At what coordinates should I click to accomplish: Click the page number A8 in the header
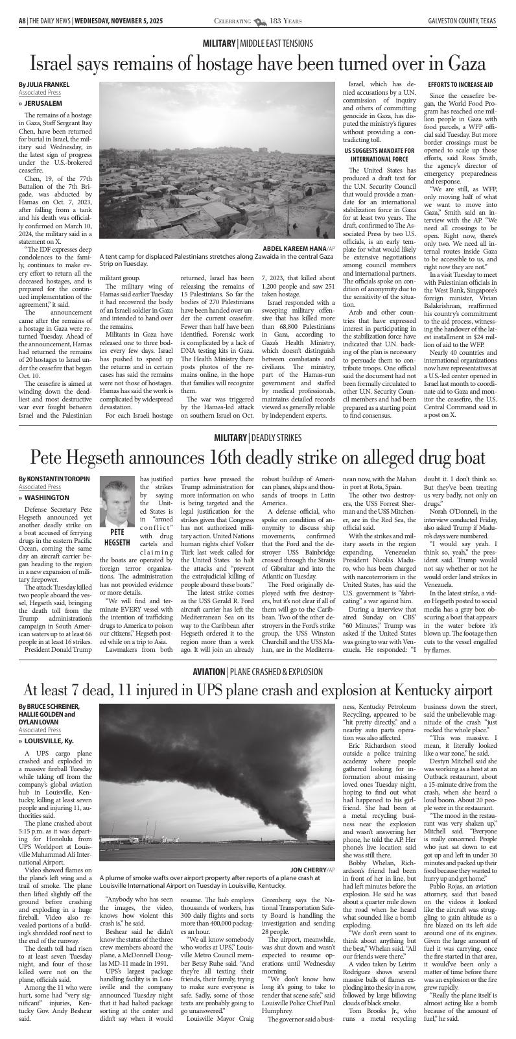(22, 21)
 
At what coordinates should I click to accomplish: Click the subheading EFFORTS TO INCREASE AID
(460, 84)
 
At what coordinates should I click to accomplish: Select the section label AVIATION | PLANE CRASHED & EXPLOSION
(258, 671)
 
